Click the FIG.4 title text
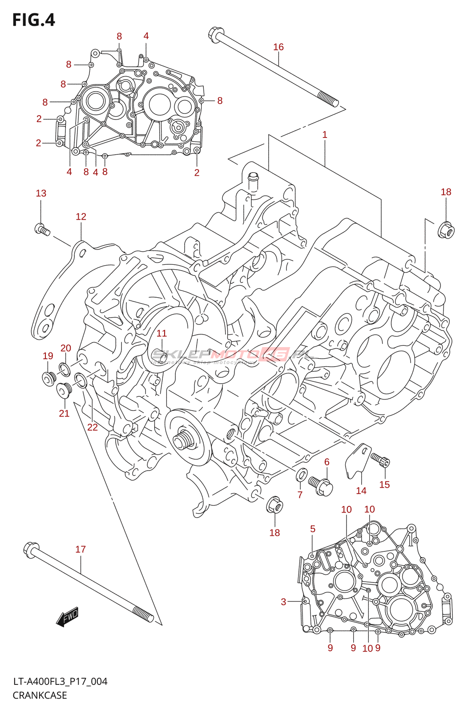33,20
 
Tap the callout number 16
278,47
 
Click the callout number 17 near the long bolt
81,550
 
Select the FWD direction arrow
67,617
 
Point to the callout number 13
41,193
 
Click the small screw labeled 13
42,229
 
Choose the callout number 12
81,217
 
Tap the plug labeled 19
48,379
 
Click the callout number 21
64,413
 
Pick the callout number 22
92,427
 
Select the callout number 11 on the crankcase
161,333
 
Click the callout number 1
325,134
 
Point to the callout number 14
361,490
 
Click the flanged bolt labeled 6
321,485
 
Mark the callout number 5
313,529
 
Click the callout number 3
283,602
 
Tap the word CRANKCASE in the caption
40,695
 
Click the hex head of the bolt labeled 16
215,34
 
